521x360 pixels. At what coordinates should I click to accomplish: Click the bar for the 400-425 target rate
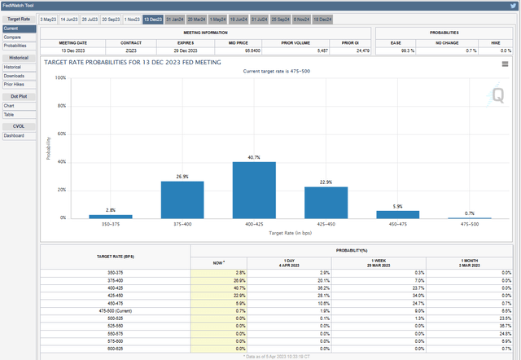[254, 190]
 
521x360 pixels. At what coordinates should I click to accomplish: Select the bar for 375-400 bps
[182, 199]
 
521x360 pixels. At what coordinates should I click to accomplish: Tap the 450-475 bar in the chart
[398, 214]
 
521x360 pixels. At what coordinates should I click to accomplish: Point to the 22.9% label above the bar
[326, 182]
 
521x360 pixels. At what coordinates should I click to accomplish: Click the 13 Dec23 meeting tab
[152, 17]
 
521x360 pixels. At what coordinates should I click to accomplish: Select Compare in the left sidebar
[12, 37]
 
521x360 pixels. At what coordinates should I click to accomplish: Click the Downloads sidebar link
[13, 76]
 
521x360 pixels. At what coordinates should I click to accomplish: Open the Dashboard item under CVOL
[14, 135]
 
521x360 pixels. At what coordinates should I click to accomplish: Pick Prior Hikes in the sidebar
[14, 84]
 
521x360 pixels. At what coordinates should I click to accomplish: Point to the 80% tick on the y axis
[61, 106]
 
